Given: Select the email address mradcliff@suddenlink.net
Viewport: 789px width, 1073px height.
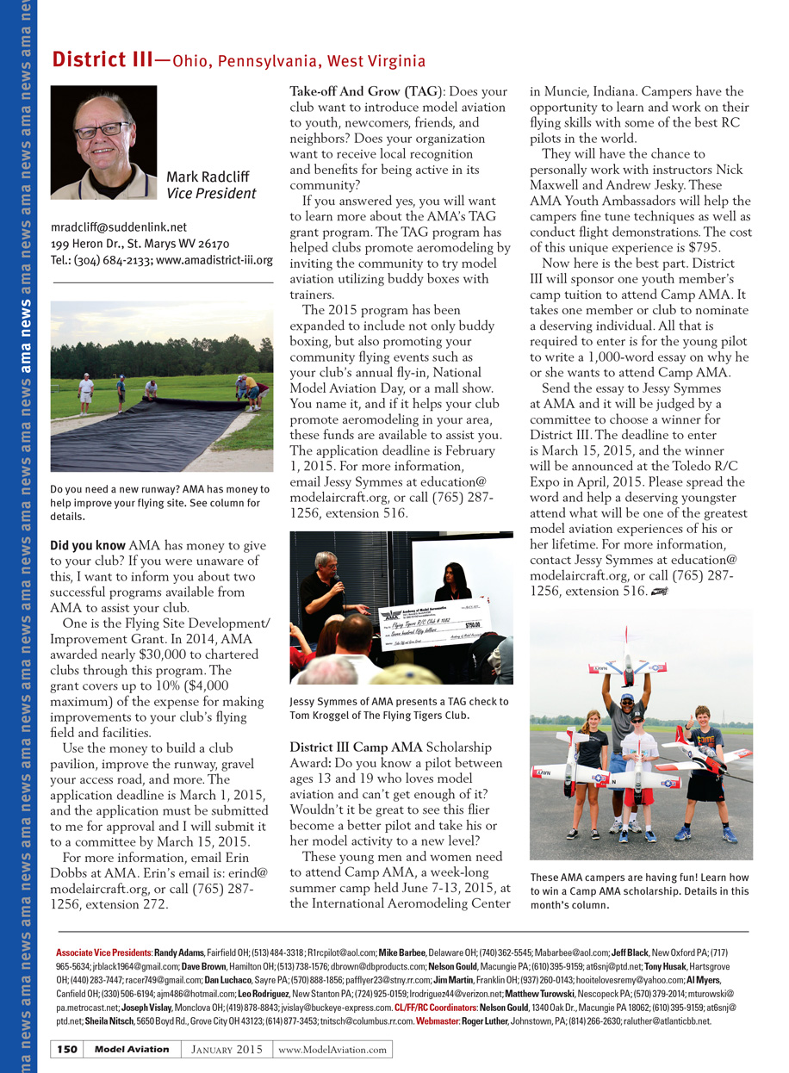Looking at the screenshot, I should pos(119,227).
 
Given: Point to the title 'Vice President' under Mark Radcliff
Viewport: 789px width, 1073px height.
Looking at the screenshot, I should pos(211,195).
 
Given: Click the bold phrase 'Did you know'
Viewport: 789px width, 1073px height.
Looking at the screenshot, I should pos(88,546).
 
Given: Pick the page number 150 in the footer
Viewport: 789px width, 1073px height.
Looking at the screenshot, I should pos(69,1049).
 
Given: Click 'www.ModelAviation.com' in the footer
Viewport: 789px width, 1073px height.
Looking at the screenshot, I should pos(332,1049).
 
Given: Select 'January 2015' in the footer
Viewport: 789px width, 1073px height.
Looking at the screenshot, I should pos(227,1049).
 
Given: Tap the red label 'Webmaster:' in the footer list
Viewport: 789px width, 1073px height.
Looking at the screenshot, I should pos(438,1021).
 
